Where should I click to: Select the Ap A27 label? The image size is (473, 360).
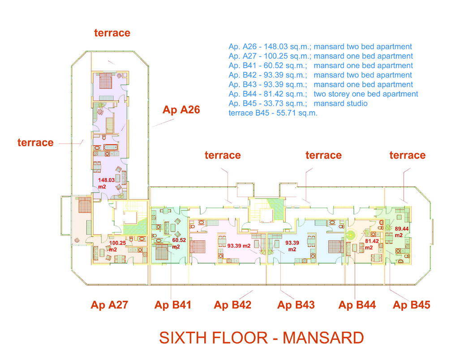(x=109, y=305)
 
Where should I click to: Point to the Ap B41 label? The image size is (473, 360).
(x=173, y=305)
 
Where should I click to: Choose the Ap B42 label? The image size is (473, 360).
(x=232, y=305)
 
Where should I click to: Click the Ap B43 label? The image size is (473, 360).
(x=296, y=305)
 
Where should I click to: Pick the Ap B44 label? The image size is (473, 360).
(x=357, y=305)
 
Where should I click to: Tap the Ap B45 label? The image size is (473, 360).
(x=412, y=305)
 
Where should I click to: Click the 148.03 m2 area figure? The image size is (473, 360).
(x=107, y=183)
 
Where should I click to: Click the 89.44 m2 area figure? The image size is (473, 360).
(x=402, y=231)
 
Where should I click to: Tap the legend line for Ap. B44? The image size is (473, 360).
(x=323, y=94)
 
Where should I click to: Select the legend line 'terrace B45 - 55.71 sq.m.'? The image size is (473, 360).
(x=273, y=113)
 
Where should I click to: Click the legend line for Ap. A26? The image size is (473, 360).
(x=320, y=47)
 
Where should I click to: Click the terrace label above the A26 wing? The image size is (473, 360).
(x=112, y=33)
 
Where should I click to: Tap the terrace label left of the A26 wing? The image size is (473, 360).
(x=35, y=143)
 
